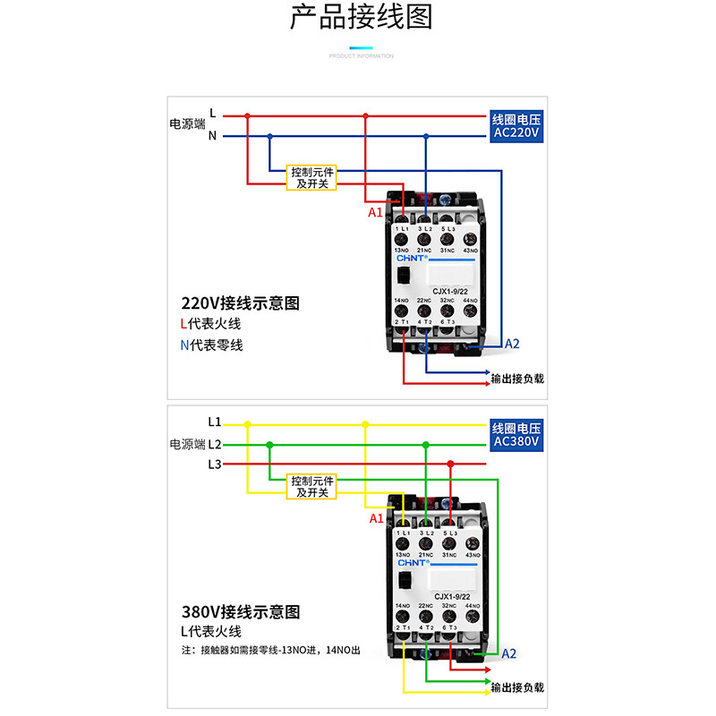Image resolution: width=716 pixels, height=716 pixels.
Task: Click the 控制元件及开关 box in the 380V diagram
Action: pos(311,486)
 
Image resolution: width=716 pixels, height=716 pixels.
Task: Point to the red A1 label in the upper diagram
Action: pos(376,213)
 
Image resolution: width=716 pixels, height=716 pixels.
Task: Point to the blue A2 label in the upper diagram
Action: pos(512,344)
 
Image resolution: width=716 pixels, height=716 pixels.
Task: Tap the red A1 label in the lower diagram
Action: pos(376,518)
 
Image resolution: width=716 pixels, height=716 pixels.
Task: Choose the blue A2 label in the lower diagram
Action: pos(508,653)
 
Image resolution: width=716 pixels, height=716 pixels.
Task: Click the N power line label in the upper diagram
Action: pos(212,136)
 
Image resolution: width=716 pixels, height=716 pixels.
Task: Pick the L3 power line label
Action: pos(213,464)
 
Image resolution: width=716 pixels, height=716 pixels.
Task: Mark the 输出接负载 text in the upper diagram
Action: pos(517,379)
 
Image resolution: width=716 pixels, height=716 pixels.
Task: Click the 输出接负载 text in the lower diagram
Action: pos(517,687)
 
